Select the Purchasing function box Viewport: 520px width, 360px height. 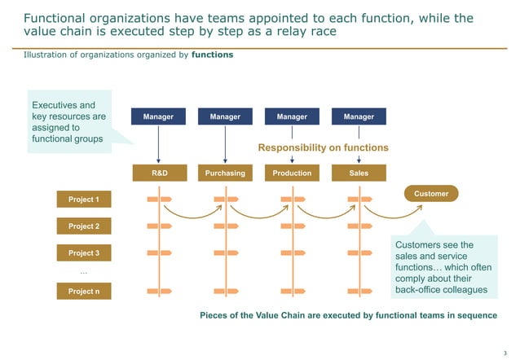pos(225,173)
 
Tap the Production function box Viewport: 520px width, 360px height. pos(292,173)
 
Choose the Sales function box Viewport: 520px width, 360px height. pos(359,173)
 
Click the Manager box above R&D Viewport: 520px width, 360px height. pos(158,117)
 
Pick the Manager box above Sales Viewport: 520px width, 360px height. pos(359,117)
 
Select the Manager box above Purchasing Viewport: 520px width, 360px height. pos(225,117)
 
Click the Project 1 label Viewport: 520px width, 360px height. pos(84,200)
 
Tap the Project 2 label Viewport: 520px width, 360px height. pos(84,226)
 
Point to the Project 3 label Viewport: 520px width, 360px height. pos(84,253)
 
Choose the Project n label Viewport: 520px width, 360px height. pos(84,291)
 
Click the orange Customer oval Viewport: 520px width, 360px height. pos(431,194)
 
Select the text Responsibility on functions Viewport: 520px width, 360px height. pos(323,148)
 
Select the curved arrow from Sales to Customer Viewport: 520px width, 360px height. pos(394,214)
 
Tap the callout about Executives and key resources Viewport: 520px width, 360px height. pos(69,122)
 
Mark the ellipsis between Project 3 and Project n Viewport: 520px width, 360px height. pos(84,272)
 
